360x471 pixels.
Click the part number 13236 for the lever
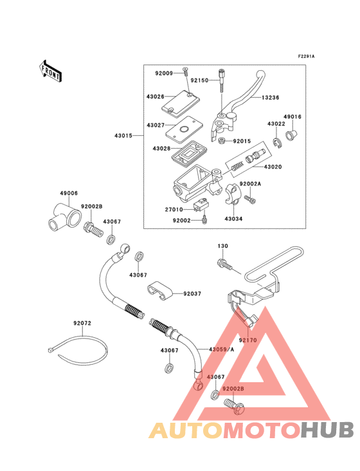[x=271, y=98]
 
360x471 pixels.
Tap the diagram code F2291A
[x=307, y=57]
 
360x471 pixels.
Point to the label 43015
[x=124, y=136]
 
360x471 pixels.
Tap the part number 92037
[x=192, y=293]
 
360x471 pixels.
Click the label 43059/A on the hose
[x=221, y=349]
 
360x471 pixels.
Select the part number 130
[x=222, y=246]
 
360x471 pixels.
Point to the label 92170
[x=248, y=339]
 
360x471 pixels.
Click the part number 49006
[x=69, y=192]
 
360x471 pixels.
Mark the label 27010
[x=174, y=209]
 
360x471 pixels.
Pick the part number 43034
[x=233, y=219]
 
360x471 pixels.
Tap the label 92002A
[x=251, y=183]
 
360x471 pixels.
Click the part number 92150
[x=200, y=81]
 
